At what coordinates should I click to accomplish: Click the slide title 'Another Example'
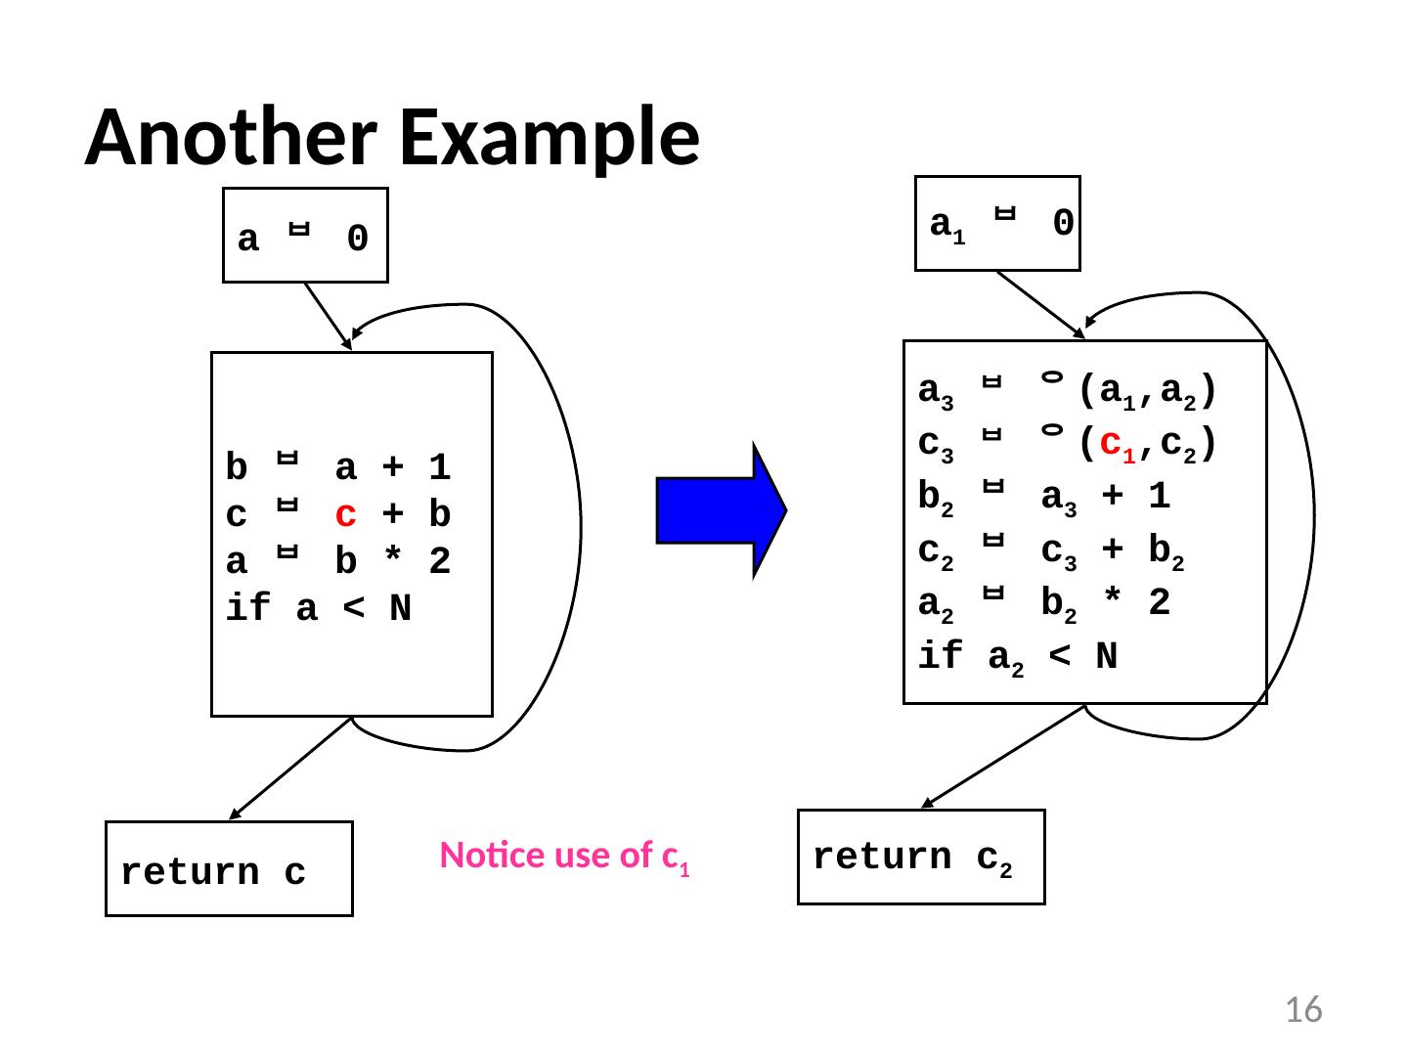[x=392, y=137]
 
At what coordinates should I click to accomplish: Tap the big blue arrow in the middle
[x=721, y=510]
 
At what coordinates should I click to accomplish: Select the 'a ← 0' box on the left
[x=305, y=237]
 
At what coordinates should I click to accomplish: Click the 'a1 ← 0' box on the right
[x=997, y=224]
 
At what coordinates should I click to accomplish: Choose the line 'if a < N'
[x=319, y=609]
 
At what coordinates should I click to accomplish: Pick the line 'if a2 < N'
[x=1018, y=658]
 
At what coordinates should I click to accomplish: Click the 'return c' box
[x=229, y=870]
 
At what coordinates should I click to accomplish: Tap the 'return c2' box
[x=921, y=858]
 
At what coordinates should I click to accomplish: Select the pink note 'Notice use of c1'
[x=566, y=857]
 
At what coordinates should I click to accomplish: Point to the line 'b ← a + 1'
[x=338, y=468]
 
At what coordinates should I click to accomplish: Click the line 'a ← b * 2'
[x=338, y=562]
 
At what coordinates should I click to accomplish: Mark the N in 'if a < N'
[x=400, y=609]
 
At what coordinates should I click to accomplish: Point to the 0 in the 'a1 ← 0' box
[x=1064, y=224]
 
